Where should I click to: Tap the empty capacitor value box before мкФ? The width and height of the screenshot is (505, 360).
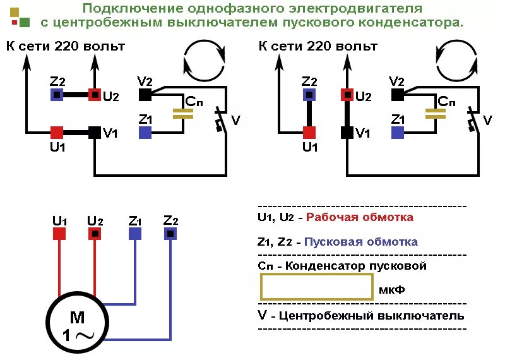316,289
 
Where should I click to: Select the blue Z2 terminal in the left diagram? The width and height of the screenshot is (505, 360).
57,95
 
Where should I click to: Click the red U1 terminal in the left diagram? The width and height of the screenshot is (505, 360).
57,133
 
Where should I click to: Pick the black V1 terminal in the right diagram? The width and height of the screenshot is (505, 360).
347,133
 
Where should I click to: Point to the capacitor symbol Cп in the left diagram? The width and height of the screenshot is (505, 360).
183,113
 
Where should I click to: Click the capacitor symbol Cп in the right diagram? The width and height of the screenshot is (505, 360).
435,113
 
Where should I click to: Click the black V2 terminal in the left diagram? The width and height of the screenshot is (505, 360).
145,95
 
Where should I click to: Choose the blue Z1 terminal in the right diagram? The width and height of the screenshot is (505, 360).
397,133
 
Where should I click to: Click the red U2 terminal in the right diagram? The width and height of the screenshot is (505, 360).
347,95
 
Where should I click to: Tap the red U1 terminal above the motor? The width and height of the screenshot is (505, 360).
59,234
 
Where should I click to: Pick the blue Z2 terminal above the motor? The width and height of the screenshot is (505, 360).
170,234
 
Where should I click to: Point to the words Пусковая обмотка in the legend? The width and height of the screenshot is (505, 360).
361,242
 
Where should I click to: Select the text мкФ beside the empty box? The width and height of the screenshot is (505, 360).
391,290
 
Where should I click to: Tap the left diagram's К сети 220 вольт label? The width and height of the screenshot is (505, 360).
66,46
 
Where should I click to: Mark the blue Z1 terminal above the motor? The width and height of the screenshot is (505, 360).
135,234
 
